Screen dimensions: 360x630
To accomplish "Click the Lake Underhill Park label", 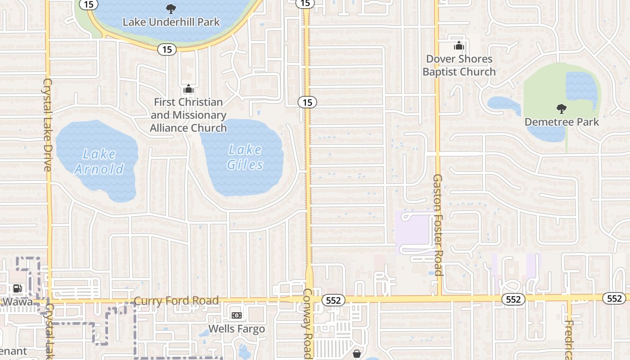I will point(171,22).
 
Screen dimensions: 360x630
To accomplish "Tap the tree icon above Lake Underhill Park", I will point(171,8).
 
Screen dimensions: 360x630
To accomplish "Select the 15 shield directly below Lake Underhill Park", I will point(167,49).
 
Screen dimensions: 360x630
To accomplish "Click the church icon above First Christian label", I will point(189,89).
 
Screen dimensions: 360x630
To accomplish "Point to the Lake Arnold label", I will point(99,162).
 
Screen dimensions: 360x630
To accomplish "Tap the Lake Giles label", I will point(245,157).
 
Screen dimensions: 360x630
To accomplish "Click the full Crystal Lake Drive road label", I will point(48,125).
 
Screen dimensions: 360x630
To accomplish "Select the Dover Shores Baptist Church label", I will point(459,65).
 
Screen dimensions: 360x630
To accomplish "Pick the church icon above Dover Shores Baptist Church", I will point(459,45).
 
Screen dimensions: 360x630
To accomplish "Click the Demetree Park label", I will point(562,122).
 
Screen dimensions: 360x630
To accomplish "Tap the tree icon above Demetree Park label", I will point(561,108).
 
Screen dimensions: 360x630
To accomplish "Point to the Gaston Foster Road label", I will point(438,225).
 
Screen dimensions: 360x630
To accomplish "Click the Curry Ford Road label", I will point(176,301).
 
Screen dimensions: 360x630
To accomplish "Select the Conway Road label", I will point(307,324).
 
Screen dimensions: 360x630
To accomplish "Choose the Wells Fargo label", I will point(237,329).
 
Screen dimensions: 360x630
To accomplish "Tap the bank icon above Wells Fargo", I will point(236,315).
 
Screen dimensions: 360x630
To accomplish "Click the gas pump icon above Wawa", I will point(17,288).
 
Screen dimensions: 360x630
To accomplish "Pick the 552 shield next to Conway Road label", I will point(333,300).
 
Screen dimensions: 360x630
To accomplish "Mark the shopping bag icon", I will point(357,354).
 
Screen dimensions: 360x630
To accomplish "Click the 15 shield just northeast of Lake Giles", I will point(307,103).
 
